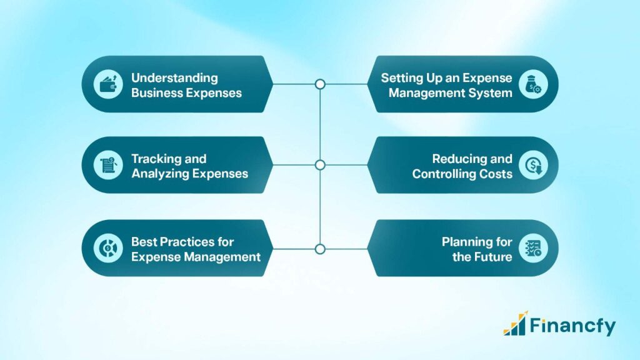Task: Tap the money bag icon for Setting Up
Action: pos(533,84)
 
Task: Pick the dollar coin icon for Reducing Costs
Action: pos(533,166)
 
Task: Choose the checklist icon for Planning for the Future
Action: pos(533,249)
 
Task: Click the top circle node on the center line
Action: pos(320,84)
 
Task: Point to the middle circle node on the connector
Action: pos(320,165)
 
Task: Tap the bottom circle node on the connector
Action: pos(320,249)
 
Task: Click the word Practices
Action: pos(189,241)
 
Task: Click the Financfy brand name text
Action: pos(572,326)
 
